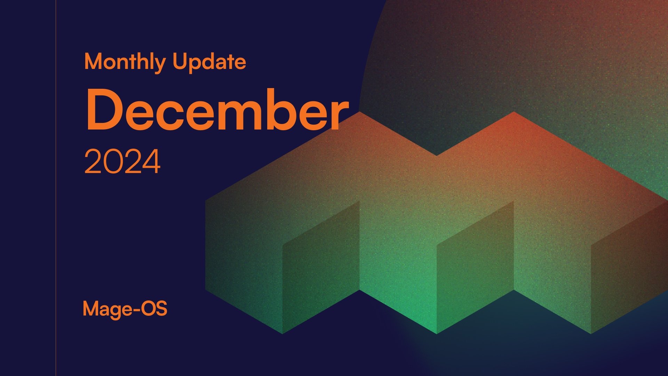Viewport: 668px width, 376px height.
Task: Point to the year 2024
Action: [122, 162]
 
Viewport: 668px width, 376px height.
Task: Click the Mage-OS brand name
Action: [125, 309]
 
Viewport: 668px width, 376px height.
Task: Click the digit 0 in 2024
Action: [112, 162]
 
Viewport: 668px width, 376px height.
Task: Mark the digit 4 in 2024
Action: [151, 162]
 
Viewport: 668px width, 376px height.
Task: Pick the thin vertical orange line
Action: [56, 188]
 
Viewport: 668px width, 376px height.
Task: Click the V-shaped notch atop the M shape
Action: [437, 155]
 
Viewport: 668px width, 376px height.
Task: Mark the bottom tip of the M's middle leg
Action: [437, 333]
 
